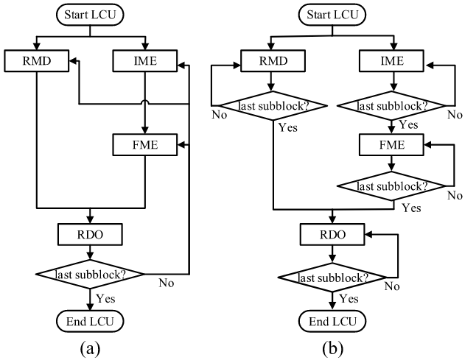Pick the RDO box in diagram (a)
click(88, 234)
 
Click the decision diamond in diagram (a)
click(88, 274)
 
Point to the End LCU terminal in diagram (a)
click(88, 320)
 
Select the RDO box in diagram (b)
click(332, 234)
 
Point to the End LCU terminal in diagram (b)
click(332, 320)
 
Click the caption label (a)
click(88, 347)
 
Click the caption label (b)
click(332, 347)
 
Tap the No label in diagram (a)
click(167, 280)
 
